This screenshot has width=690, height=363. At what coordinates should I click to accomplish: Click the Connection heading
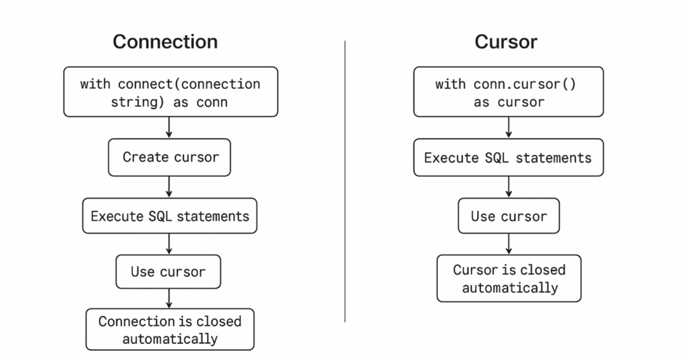[x=165, y=42]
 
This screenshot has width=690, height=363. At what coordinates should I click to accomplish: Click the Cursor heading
[x=506, y=42]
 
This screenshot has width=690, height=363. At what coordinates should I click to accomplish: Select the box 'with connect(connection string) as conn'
[x=170, y=92]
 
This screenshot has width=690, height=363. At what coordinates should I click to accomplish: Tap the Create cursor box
[x=170, y=158]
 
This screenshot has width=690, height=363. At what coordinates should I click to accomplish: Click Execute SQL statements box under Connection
[x=170, y=216]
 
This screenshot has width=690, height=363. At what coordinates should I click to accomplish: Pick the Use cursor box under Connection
[x=168, y=272]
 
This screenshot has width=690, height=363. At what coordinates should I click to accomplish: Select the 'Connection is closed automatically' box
[x=170, y=329]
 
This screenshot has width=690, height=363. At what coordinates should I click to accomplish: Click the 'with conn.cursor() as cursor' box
[x=508, y=92]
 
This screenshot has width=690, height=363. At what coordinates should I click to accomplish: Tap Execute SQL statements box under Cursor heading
[x=508, y=158]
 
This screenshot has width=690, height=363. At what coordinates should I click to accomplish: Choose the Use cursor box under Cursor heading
[x=509, y=216]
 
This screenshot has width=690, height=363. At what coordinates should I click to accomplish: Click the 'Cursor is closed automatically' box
[x=509, y=278]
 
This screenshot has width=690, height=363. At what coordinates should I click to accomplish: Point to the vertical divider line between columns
[x=345, y=182]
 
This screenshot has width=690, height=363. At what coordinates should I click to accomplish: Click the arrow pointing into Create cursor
[x=169, y=128]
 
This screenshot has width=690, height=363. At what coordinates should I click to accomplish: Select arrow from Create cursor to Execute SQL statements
[x=169, y=187]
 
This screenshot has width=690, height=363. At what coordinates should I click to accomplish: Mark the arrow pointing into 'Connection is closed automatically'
[x=169, y=298]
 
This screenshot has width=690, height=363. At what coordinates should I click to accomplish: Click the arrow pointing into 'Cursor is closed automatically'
[x=509, y=244]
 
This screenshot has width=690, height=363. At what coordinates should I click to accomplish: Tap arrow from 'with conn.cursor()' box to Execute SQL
[x=509, y=128]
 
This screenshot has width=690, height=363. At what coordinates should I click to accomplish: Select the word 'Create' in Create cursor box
[x=146, y=158]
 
